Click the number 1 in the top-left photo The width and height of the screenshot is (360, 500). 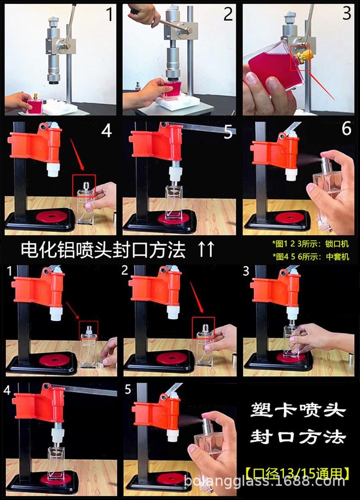point(109,14)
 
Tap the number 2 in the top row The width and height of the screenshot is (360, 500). point(228,14)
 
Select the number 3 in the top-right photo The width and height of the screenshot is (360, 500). point(346,13)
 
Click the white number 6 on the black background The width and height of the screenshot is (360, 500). point(346,128)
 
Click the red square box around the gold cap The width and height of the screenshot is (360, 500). point(300,59)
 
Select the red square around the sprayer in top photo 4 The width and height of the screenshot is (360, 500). point(84,185)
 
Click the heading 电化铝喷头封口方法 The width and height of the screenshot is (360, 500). point(103,250)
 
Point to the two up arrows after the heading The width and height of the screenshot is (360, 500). point(207,249)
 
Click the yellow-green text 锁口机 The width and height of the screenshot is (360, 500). point(337,244)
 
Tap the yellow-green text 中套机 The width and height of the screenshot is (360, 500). point(337,256)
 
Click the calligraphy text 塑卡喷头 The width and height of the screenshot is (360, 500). point(298,410)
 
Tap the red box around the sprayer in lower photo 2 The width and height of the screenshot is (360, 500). point(203,328)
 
